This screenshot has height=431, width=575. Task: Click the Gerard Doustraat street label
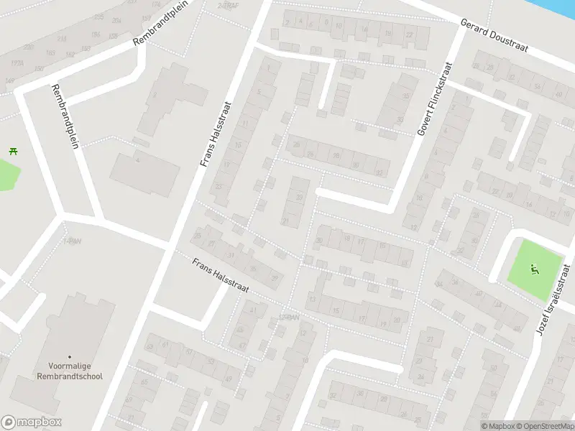pyautogui.click(x=494, y=36)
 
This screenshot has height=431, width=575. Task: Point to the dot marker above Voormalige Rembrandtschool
pyautogui.click(x=70, y=357)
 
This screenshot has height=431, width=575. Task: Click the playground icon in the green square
pyautogui.click(x=534, y=270)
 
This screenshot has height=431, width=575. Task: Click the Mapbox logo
pyautogui.click(x=31, y=422)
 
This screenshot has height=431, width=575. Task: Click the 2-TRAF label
pyautogui.click(x=227, y=6)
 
